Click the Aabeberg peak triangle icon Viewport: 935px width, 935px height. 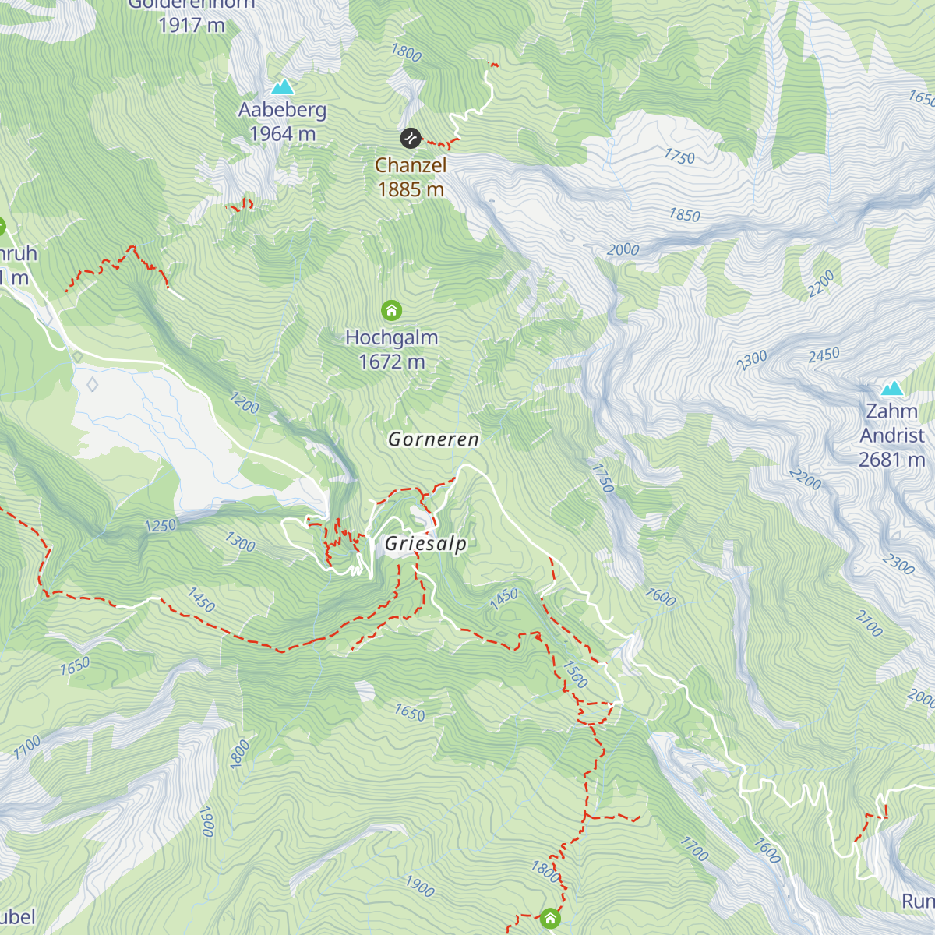click(x=283, y=86)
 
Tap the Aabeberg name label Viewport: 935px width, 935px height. click(x=282, y=110)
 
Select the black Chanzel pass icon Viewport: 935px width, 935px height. click(x=411, y=139)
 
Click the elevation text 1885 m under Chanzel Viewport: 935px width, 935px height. click(x=411, y=189)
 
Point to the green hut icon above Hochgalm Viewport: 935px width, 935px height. click(x=391, y=311)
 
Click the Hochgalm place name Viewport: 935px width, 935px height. click(x=391, y=337)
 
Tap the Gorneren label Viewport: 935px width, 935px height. click(x=433, y=439)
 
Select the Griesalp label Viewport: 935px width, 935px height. click(x=426, y=544)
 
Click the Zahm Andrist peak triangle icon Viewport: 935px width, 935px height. click(x=891, y=388)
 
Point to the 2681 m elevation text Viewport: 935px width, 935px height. click(x=891, y=460)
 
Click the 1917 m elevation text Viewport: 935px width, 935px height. click(x=191, y=25)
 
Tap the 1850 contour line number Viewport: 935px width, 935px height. click(x=684, y=215)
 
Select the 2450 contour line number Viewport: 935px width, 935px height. click(x=824, y=355)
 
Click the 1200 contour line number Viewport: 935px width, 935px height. click(x=244, y=403)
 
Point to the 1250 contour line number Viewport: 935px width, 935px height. click(x=161, y=526)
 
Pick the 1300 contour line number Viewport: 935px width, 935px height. click(x=240, y=542)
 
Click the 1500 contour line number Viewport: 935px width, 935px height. click(x=574, y=674)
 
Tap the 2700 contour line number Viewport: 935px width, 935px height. click(x=869, y=624)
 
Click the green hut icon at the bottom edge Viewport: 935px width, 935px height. click(x=550, y=918)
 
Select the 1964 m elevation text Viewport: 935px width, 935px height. click(x=282, y=134)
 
